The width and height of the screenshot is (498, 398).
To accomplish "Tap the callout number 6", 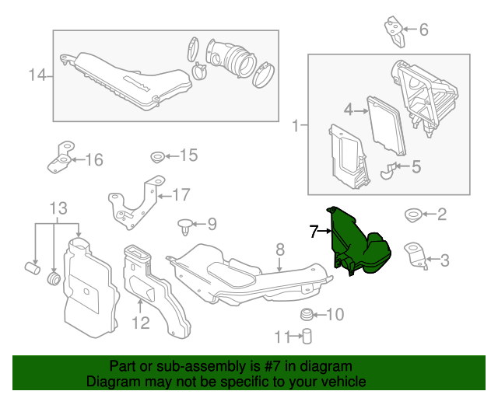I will [x=423, y=30].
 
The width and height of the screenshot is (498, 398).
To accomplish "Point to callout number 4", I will [x=349, y=110].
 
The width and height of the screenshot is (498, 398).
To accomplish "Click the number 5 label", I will [x=416, y=166].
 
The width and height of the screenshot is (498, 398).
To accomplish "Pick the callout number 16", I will [x=93, y=160].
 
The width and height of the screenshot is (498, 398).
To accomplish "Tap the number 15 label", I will [x=188, y=155].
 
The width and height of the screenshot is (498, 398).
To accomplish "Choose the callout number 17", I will [x=181, y=194].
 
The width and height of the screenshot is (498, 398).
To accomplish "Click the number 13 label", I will [x=59, y=208].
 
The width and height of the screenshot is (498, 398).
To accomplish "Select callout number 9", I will [x=212, y=225].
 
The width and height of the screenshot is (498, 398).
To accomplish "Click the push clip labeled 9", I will [x=184, y=226].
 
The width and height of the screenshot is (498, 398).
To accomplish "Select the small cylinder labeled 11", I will [x=307, y=337].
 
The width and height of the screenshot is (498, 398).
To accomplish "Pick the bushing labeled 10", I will [x=307, y=314].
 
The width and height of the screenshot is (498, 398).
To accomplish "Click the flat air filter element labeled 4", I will [x=386, y=124].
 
